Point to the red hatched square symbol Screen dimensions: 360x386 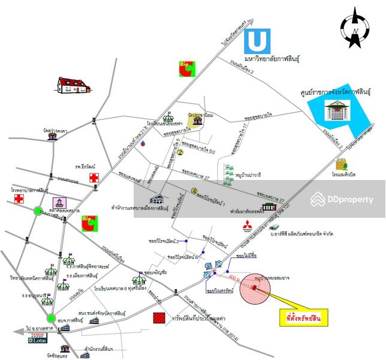[159, 318]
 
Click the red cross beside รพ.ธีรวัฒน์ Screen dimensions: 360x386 [94, 178]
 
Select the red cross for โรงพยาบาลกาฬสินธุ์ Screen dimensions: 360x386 [19, 198]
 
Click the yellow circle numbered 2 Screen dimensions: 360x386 [179, 152]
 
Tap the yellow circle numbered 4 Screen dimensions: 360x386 [194, 191]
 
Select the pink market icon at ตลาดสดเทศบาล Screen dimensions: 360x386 [59, 203]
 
